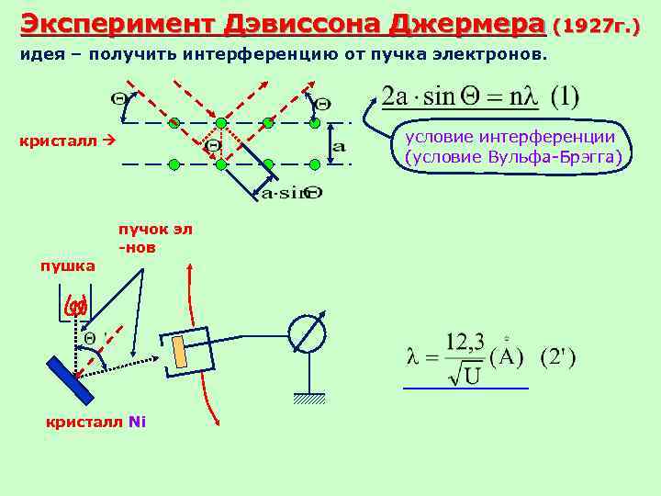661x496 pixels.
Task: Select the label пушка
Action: click(x=67, y=265)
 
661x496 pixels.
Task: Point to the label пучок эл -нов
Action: click(x=154, y=238)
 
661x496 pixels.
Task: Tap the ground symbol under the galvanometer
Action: click(x=309, y=397)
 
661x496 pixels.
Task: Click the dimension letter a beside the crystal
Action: click(x=338, y=146)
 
